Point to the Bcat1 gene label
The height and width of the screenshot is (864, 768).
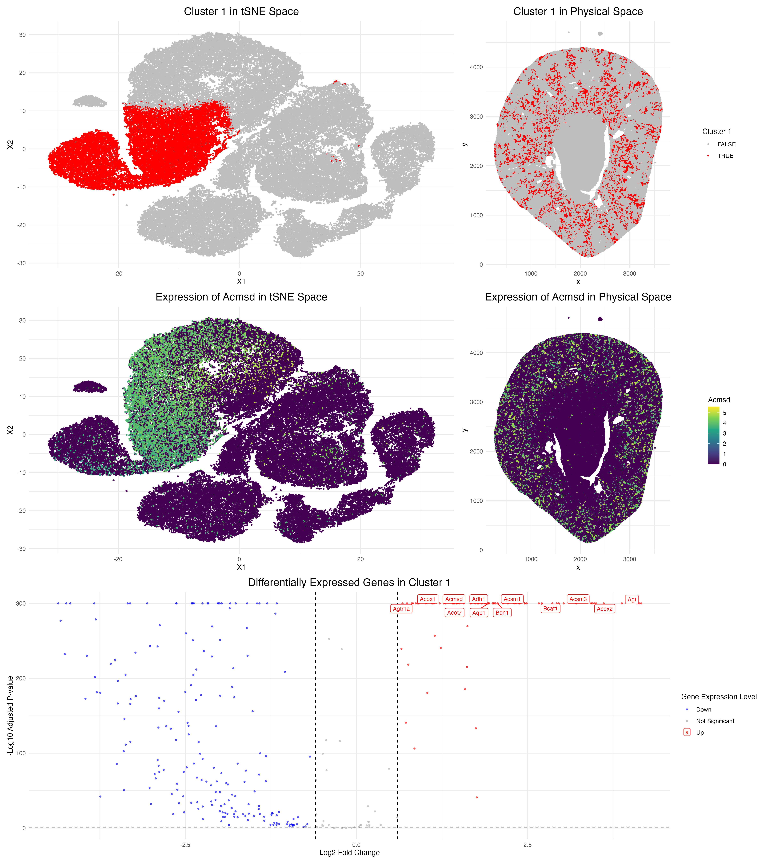[x=550, y=609]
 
